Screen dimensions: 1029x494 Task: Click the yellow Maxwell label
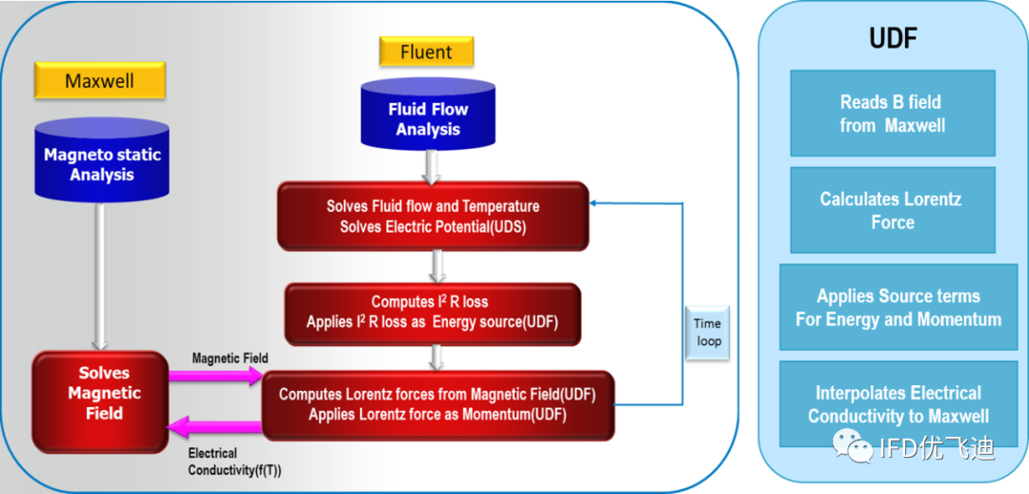click(x=100, y=81)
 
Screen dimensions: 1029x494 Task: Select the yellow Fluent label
click(x=427, y=51)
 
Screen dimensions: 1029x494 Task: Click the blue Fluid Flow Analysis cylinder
click(x=428, y=115)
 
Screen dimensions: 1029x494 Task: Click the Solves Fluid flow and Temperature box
click(x=433, y=216)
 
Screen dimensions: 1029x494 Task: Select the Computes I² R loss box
click(x=433, y=313)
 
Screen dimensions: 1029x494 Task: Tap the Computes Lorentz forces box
click(x=437, y=404)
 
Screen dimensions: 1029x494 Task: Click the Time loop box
click(x=707, y=333)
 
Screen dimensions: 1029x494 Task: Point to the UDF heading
click(x=893, y=39)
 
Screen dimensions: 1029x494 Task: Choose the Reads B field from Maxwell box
click(x=893, y=113)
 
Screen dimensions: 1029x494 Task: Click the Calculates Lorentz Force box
click(x=893, y=210)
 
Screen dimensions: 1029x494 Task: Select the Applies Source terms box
click(x=898, y=307)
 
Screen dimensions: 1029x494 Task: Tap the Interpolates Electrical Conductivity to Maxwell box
click(x=898, y=403)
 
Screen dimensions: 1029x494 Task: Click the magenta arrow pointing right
click(x=215, y=376)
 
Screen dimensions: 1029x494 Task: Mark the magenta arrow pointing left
click(x=214, y=427)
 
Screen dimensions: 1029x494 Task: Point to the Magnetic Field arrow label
click(x=231, y=358)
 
